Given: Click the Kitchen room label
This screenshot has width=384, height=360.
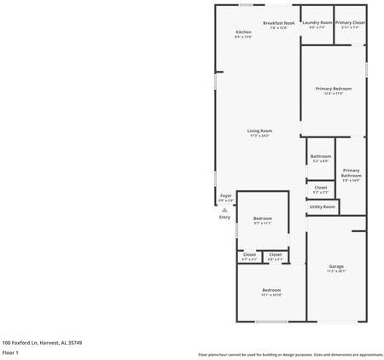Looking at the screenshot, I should point(243,32).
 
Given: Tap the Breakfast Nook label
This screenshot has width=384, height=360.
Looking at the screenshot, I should point(279,23).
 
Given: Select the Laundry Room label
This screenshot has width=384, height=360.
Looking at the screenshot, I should point(317,23).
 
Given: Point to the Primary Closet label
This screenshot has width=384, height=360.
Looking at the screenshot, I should point(350,23).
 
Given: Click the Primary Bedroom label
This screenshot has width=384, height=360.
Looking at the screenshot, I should point(333,89).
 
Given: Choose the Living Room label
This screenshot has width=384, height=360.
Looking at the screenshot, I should point(259,131).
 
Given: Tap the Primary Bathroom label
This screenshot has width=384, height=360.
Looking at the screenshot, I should point(351,173).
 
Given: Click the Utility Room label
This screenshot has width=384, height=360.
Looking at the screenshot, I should point(322,206).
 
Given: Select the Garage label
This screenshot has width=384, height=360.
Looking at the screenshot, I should point(336,267).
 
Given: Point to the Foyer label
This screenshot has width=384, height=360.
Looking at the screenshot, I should point(226,195).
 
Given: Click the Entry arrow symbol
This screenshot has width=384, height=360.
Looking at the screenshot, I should point(225,210).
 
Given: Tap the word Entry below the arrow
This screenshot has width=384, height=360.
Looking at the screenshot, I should point(225,218).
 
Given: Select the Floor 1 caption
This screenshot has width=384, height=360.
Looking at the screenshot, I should point(10,351).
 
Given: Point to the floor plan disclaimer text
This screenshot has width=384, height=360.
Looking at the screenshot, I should point(290,354).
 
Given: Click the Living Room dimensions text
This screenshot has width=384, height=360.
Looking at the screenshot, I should point(259,136).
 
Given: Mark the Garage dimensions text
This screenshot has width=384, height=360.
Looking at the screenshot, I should point(336,272).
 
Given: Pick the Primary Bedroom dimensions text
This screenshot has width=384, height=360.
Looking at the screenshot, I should point(333,94).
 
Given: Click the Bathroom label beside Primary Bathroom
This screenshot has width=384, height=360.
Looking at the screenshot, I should point(321,156).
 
